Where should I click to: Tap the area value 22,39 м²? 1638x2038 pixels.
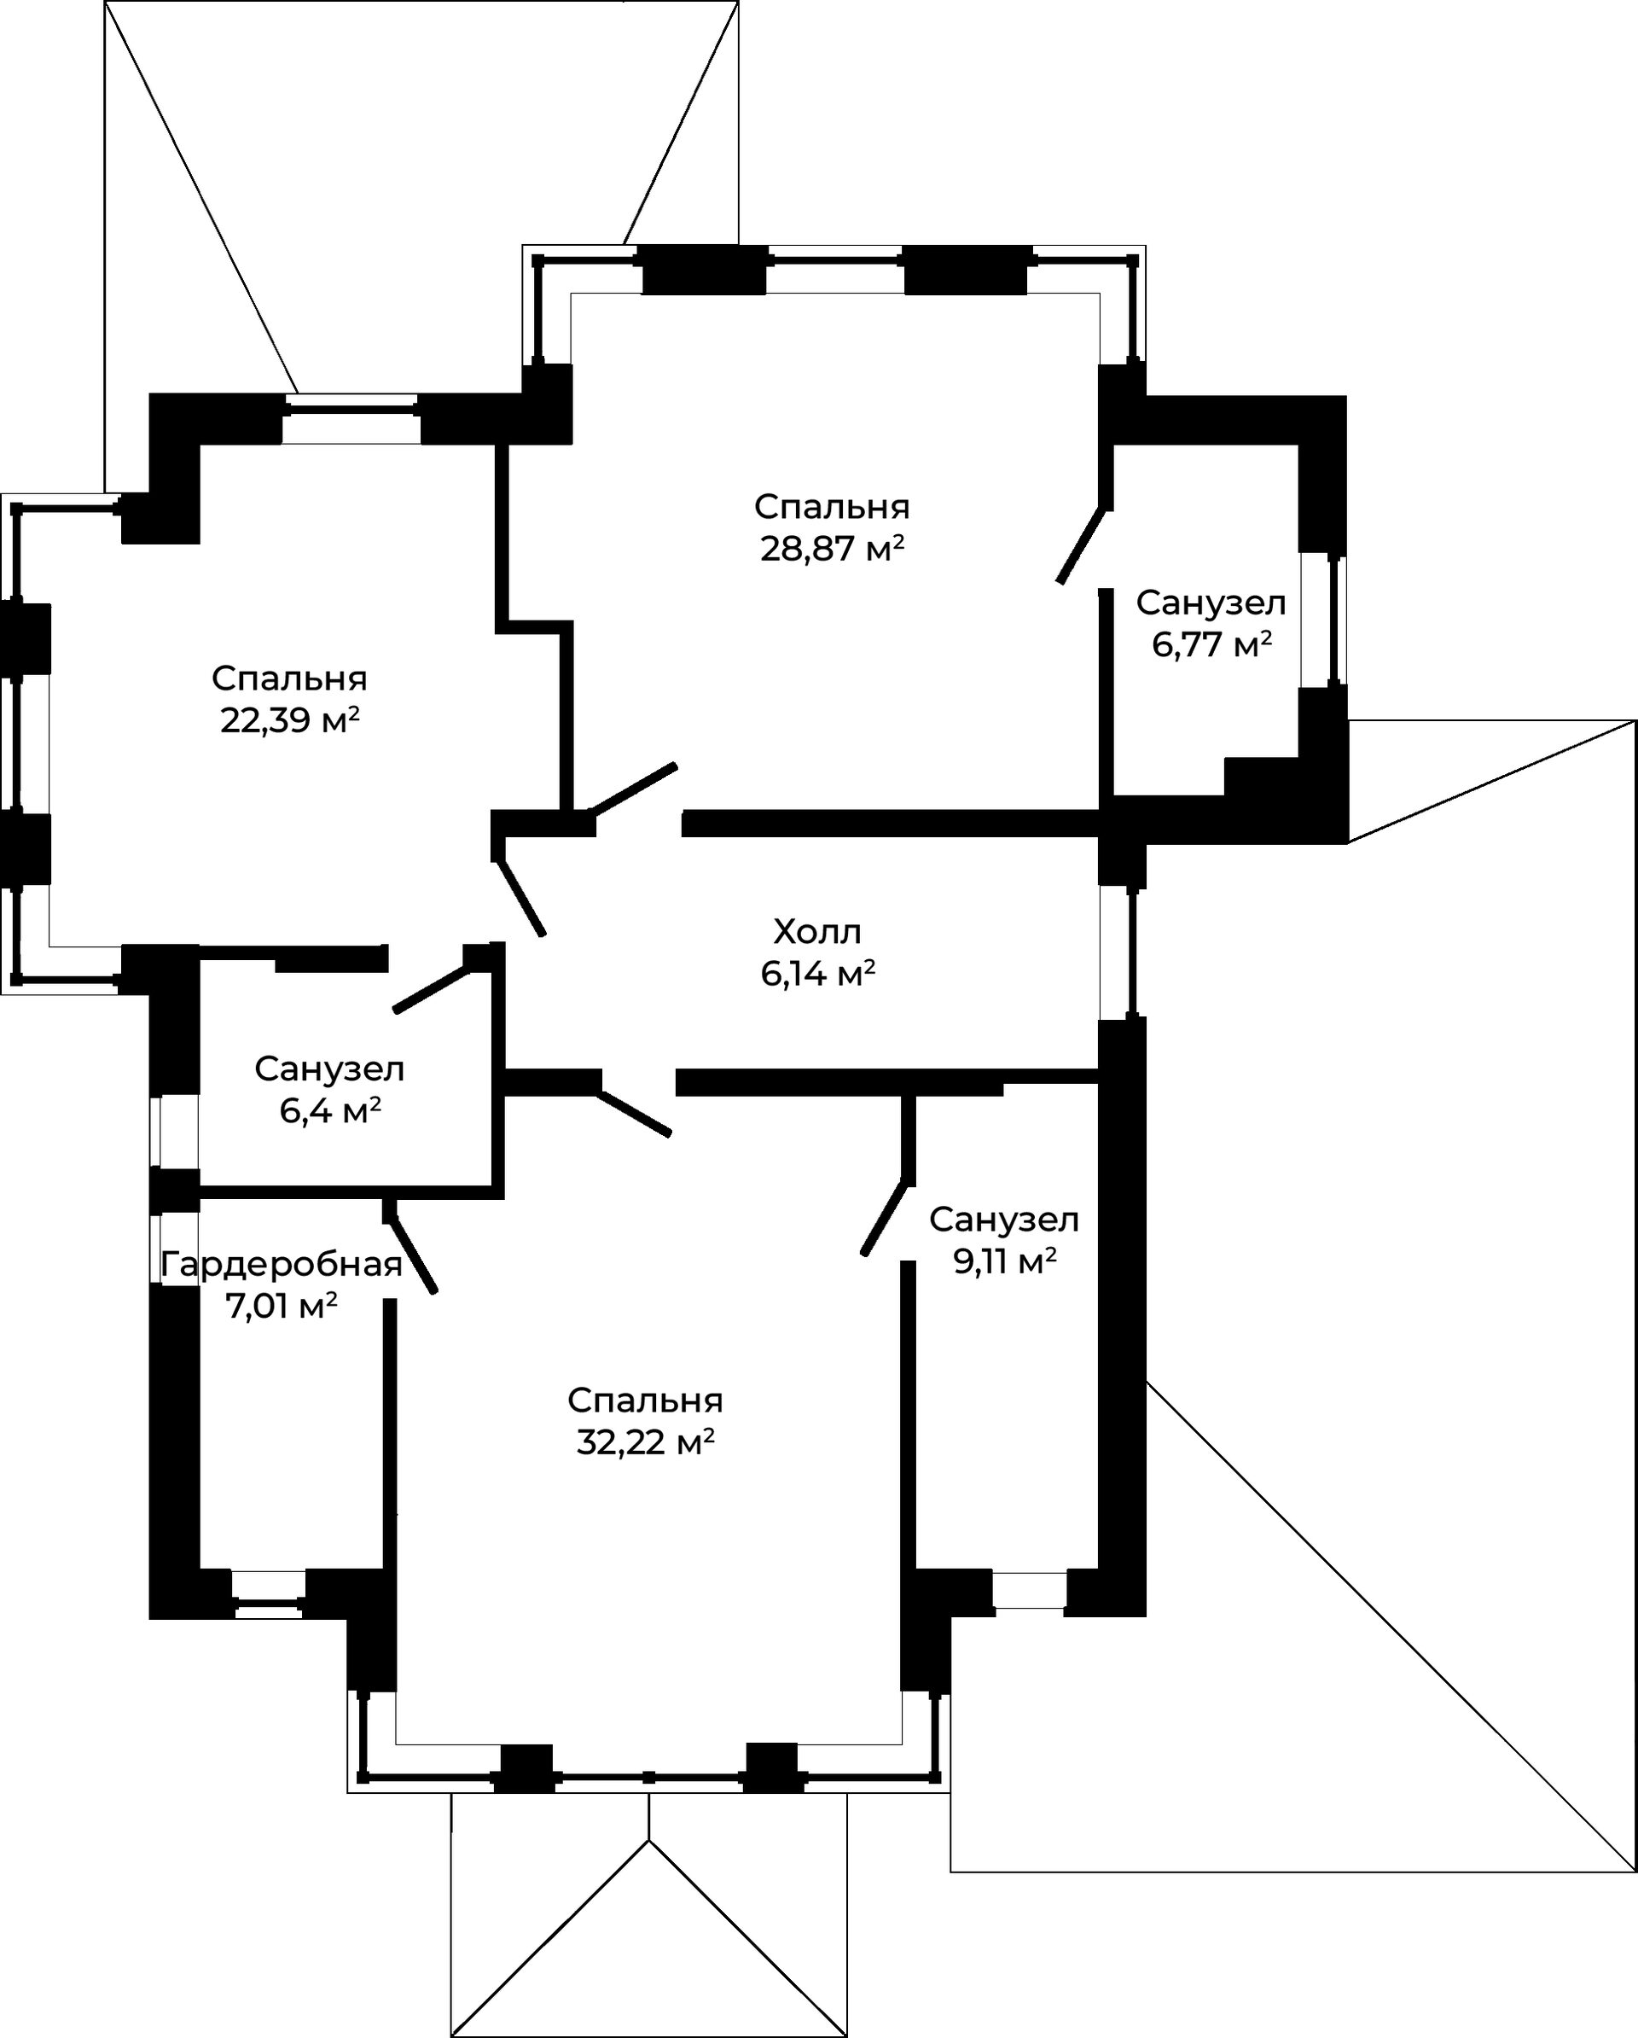click(x=289, y=721)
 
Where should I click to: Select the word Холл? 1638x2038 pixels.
click(x=817, y=932)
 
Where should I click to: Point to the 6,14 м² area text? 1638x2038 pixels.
click(x=817, y=974)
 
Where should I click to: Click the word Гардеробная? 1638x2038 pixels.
click(x=282, y=1265)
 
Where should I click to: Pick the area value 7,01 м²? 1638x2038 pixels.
click(x=281, y=1307)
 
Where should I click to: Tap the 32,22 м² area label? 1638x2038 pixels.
click(x=645, y=1442)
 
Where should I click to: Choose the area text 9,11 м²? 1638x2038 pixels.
click(x=1004, y=1262)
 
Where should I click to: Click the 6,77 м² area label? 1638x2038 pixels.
click(x=1211, y=644)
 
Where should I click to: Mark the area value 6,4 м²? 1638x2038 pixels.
click(x=330, y=1110)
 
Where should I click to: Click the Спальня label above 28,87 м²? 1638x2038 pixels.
click(x=832, y=507)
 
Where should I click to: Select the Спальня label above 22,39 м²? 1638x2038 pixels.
click(x=289, y=678)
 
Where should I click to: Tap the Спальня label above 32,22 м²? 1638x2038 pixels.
click(x=645, y=1400)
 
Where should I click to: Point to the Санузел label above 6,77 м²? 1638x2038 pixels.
click(x=1211, y=603)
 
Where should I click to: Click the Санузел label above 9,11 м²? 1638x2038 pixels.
click(x=1004, y=1220)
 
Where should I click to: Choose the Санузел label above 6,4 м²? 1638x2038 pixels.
click(x=330, y=1069)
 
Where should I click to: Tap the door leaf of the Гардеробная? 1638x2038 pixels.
click(x=413, y=1254)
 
